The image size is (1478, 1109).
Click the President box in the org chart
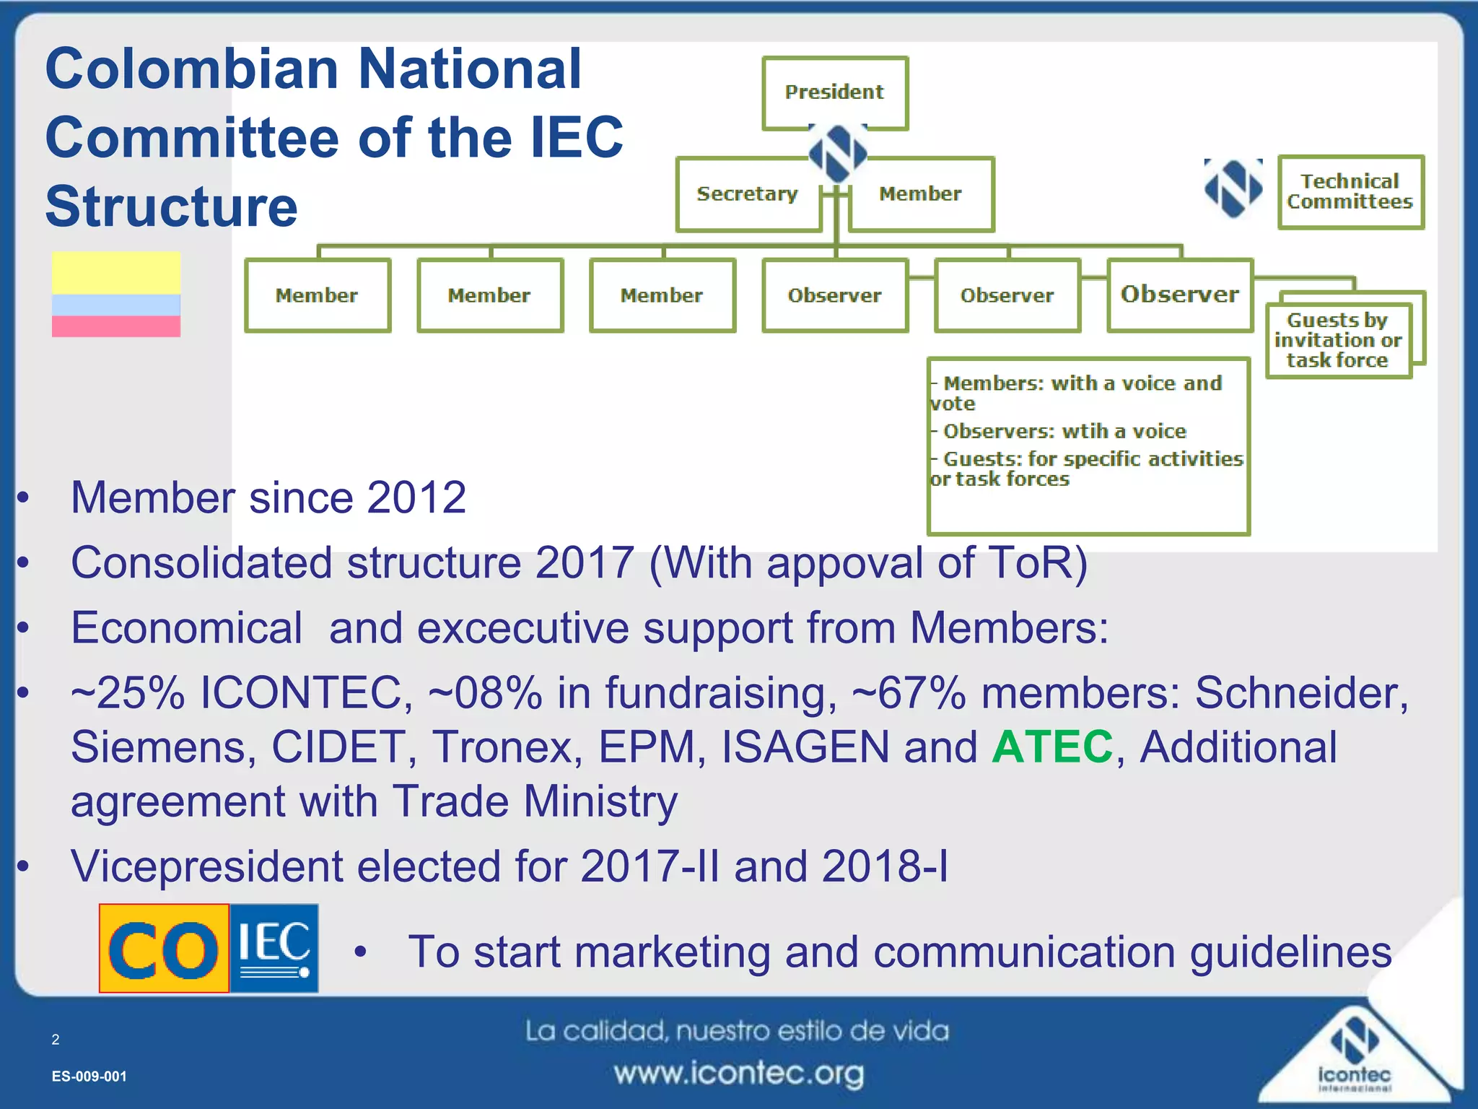pos(835,92)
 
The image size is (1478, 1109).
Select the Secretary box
pos(748,194)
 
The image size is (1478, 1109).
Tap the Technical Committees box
pos(1350,192)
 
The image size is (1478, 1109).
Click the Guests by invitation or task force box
pos(1337,340)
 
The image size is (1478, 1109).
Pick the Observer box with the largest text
pos(1180,295)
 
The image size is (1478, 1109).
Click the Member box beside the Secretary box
pos(921,194)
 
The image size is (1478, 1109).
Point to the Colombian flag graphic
pos(116,295)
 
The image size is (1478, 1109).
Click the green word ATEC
pos(1052,747)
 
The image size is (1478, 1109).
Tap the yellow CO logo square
pos(165,949)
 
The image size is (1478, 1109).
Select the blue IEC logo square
pos(274,949)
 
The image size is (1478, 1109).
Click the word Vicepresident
pos(206,866)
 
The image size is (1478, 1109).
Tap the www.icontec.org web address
pos(738,1074)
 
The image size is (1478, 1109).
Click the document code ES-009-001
pos(89,1077)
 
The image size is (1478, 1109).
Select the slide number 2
pos(56,1040)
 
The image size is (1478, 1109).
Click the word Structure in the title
pos(172,207)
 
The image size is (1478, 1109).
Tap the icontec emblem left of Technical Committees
pos(1233,188)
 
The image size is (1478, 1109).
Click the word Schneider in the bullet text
pos(1301,693)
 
